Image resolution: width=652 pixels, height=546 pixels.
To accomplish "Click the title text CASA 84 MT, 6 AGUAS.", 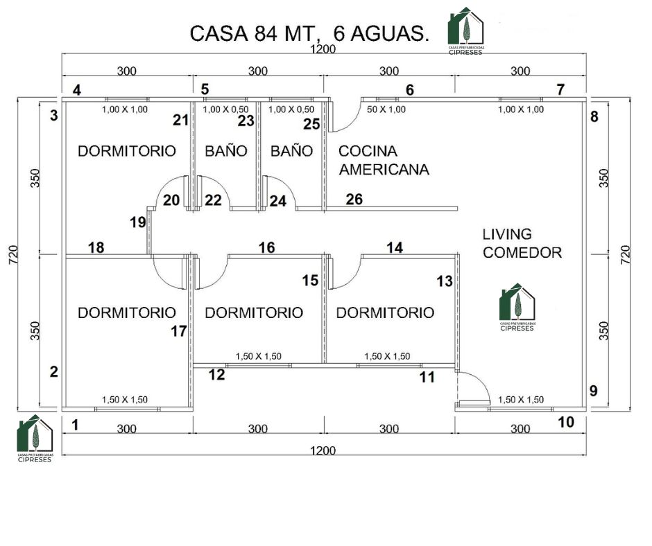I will [x=309, y=33].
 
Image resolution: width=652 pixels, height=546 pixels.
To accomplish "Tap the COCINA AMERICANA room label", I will [x=383, y=160].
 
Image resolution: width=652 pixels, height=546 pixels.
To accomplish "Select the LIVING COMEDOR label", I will [x=522, y=244].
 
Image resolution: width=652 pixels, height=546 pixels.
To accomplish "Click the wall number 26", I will [x=354, y=200].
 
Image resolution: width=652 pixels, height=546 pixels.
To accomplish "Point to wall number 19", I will [x=137, y=222].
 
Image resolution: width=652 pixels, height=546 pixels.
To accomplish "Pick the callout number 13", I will [x=444, y=281].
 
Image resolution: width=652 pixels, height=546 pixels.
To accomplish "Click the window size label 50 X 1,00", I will [x=386, y=109].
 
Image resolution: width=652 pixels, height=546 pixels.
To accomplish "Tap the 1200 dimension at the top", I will [x=323, y=49].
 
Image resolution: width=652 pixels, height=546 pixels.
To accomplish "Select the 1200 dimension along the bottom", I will [x=323, y=450].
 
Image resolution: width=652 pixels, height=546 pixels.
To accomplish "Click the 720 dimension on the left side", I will [x=13, y=253].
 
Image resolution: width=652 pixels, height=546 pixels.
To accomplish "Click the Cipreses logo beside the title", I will [x=466, y=28].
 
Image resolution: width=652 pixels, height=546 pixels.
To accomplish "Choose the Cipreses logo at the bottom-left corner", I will [x=35, y=438].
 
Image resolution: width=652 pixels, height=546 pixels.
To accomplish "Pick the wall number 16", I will [x=266, y=247].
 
